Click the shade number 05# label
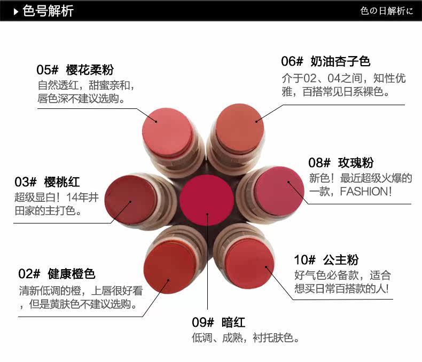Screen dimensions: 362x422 pyautogui.click(x=47, y=70)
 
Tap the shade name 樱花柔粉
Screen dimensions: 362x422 pyautogui.click(x=90, y=70)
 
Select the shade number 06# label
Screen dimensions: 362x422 pyautogui.click(x=292, y=61)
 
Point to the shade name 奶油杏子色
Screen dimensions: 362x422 pyautogui.click(x=340, y=61)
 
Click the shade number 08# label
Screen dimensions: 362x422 pyautogui.click(x=319, y=163)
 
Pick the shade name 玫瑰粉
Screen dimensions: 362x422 pyautogui.click(x=356, y=163)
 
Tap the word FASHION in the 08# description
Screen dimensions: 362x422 pyautogui.click(x=363, y=191)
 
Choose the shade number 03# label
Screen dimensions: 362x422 pyautogui.click(x=25, y=182)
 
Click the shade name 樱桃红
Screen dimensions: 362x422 pyautogui.click(x=62, y=182)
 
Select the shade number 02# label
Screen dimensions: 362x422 pyautogui.click(x=29, y=274)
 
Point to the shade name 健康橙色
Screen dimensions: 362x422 pyautogui.click(x=71, y=274)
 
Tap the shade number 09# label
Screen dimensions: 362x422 pyautogui.click(x=202, y=322)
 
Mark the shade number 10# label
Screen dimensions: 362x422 pyautogui.click(x=304, y=260)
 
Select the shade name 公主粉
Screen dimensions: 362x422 pyautogui.click(x=340, y=260)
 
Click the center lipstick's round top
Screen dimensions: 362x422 pyautogui.click(x=207, y=200)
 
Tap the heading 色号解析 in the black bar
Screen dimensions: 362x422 pyautogui.click(x=48, y=11)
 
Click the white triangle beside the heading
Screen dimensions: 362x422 pyautogui.click(x=16, y=11)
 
